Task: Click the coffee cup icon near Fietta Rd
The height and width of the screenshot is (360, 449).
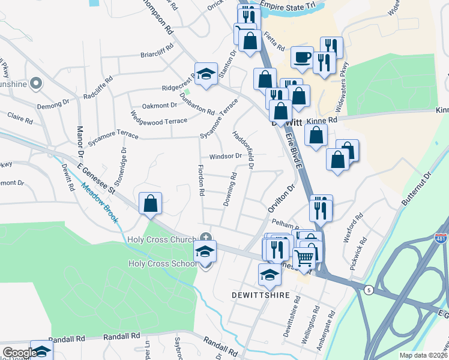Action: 302,58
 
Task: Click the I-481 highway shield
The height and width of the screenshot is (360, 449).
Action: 441,239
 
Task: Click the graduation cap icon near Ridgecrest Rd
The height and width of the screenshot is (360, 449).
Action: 206,74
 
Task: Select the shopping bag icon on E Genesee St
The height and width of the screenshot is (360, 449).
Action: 150,203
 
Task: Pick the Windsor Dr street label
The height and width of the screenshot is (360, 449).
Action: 224,156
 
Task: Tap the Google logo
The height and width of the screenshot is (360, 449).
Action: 20,353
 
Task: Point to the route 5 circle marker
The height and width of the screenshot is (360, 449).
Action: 369,290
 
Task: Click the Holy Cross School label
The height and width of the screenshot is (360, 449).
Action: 162,263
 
